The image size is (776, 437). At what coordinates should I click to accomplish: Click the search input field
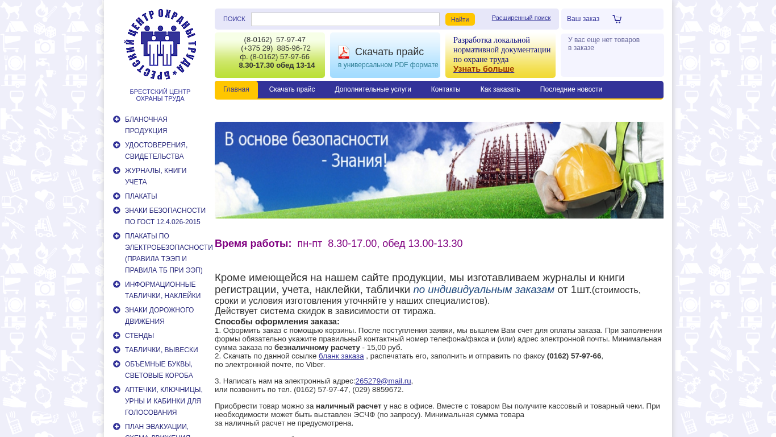click(x=345, y=19)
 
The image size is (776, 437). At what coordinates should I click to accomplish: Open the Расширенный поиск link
click(x=521, y=18)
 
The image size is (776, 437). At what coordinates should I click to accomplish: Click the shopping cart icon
click(x=617, y=19)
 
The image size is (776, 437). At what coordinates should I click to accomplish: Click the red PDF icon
click(x=344, y=52)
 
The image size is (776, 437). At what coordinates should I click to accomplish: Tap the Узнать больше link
click(x=483, y=69)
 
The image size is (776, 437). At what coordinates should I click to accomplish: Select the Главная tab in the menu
click(x=236, y=89)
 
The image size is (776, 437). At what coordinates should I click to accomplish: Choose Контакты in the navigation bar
click(x=445, y=89)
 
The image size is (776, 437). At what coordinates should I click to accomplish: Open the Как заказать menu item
click(x=500, y=89)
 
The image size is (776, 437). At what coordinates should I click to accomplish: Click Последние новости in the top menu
click(x=571, y=89)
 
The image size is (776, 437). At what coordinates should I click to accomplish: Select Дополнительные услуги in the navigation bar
click(x=373, y=89)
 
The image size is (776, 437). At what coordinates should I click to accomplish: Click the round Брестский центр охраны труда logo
click(x=160, y=44)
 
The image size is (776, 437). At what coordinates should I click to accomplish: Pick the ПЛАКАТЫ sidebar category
click(x=141, y=196)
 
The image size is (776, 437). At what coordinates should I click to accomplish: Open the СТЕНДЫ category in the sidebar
click(x=139, y=336)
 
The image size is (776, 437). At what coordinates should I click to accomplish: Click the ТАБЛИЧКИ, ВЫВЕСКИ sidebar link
click(x=161, y=350)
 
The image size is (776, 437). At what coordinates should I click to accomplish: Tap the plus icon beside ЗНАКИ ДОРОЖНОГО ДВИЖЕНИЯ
click(x=116, y=310)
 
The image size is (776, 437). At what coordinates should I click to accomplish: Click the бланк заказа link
click(x=341, y=356)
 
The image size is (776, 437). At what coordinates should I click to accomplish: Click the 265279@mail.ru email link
click(x=383, y=381)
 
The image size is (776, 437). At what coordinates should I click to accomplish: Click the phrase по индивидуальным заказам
click(x=483, y=290)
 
